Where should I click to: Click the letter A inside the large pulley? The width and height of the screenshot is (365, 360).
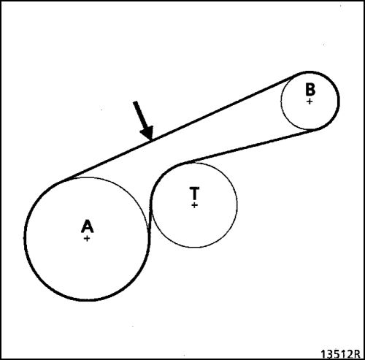point(87,226)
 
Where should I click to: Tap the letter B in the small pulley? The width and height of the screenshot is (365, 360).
point(310,89)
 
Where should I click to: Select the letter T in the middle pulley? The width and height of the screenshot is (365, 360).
point(194,194)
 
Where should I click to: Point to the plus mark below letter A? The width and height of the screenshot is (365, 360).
point(87,238)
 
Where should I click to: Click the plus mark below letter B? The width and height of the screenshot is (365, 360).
point(310,102)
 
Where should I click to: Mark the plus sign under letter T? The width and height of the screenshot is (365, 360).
point(194,205)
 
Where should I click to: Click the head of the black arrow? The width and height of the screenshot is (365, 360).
point(147,133)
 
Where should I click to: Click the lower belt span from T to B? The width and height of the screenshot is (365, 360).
point(250,147)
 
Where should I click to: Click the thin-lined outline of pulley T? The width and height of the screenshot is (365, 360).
point(237,204)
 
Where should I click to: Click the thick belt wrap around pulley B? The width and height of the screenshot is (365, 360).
point(338,101)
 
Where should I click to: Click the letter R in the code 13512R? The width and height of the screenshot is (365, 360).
point(356,354)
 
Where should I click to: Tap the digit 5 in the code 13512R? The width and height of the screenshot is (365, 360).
point(337,354)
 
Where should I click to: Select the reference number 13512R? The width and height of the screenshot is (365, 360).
point(340,354)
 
